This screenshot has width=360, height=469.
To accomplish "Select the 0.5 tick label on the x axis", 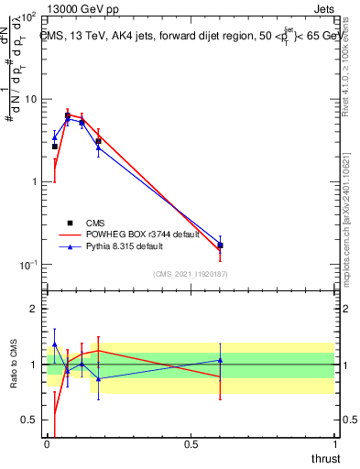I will pos(190,442).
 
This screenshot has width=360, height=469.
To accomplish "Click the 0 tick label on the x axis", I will pos(47,442).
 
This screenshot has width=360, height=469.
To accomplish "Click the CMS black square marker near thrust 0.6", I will pos(220,245).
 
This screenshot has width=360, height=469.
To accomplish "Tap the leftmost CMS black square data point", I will pos(55,147).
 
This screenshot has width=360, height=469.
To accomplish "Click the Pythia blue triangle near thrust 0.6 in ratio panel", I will pos(220,360).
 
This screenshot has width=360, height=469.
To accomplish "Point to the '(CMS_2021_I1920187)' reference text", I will pos(191,274).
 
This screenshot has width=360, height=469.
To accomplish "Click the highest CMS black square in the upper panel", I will pos(68,116).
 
